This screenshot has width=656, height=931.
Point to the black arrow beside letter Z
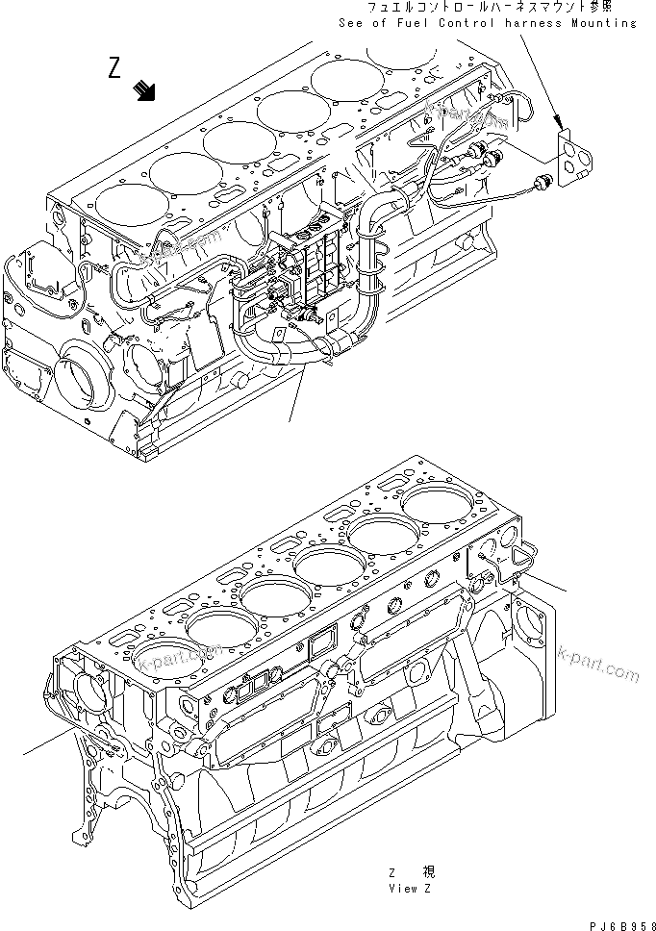click(146, 90)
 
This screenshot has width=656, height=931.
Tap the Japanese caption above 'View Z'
click(411, 872)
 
